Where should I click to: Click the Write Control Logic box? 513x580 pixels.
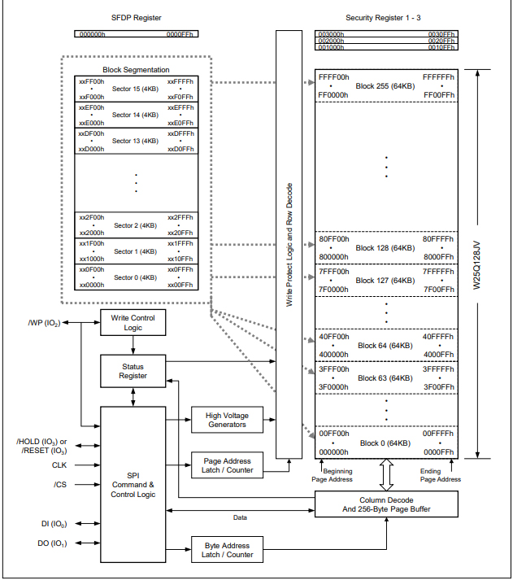click(133, 322)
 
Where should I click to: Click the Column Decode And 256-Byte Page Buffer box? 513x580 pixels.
click(386, 504)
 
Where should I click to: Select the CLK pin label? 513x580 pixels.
click(59, 465)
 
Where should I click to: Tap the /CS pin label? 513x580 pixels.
click(59, 485)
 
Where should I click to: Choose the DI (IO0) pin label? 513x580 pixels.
click(55, 525)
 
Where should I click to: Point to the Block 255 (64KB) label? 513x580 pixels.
click(386, 85)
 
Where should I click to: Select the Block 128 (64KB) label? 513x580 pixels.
click(386, 248)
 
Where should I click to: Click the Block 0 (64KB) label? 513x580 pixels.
click(386, 443)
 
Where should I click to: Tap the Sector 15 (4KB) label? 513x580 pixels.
click(135, 89)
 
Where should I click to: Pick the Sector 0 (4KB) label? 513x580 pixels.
click(135, 277)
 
